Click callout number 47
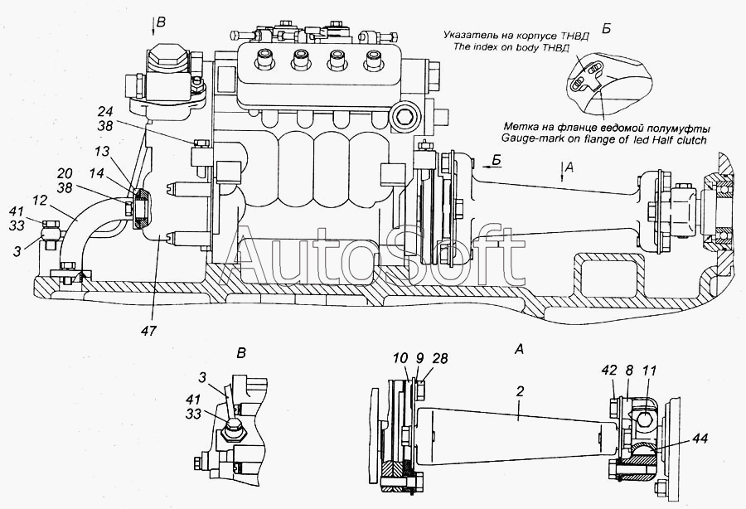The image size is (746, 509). tap(149, 330)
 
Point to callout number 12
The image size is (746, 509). tap(40, 201)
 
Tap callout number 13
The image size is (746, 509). tap(102, 152)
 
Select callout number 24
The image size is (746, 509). tap(105, 112)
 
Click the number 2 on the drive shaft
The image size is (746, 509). tap(520, 391)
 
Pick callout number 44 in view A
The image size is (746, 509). tap(700, 438)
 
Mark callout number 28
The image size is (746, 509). tap(441, 358)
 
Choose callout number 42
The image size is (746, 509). tap(609, 370)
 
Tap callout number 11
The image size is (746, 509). tap(649, 370)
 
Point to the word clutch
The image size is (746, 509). tap(690, 139)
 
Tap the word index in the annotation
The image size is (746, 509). tap(483, 47)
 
